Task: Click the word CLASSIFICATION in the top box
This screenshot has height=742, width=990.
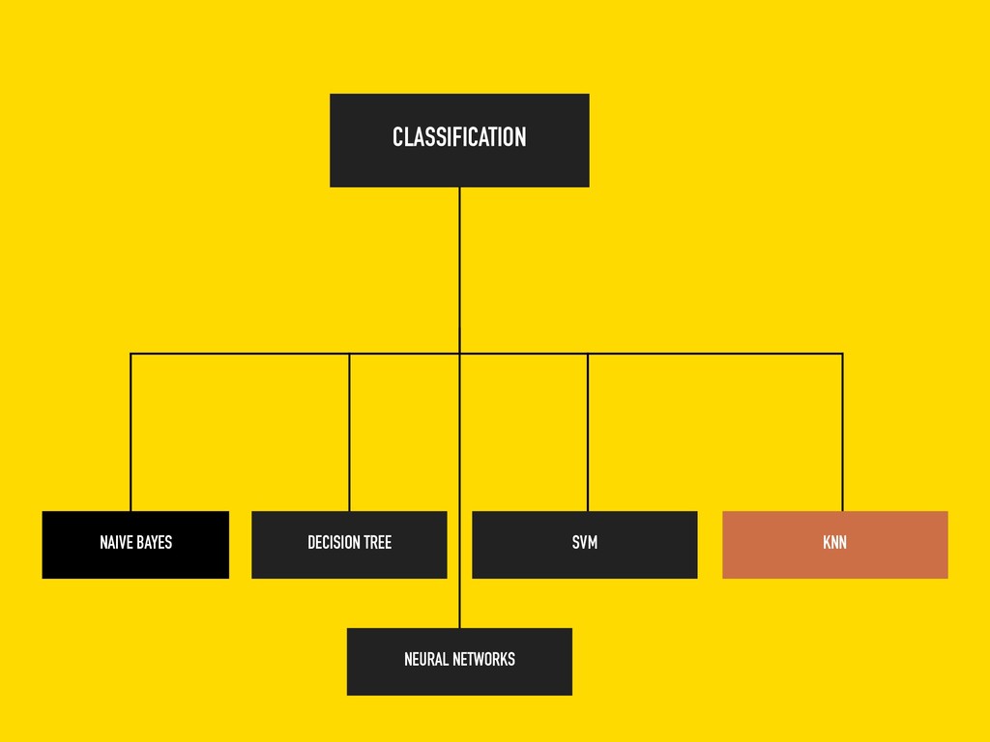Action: [459, 137]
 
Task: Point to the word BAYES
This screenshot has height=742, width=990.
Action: [154, 543]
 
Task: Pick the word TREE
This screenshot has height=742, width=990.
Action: [378, 543]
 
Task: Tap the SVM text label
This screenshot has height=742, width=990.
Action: [585, 543]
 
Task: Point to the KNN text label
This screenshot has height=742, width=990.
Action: [834, 543]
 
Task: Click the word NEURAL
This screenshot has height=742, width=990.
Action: [426, 660]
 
